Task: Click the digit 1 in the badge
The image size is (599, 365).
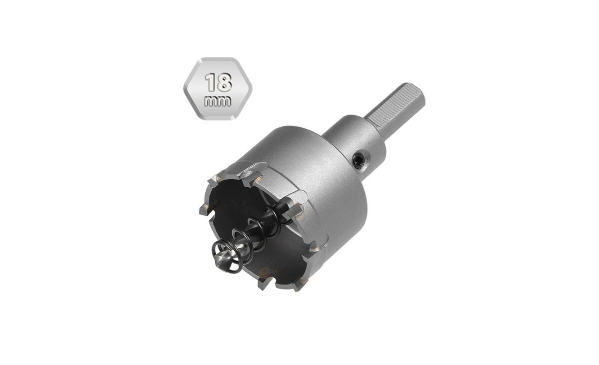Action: click(x=211, y=82)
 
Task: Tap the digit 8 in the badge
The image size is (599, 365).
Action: click(x=224, y=82)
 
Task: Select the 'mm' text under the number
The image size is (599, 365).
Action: click(x=218, y=102)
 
